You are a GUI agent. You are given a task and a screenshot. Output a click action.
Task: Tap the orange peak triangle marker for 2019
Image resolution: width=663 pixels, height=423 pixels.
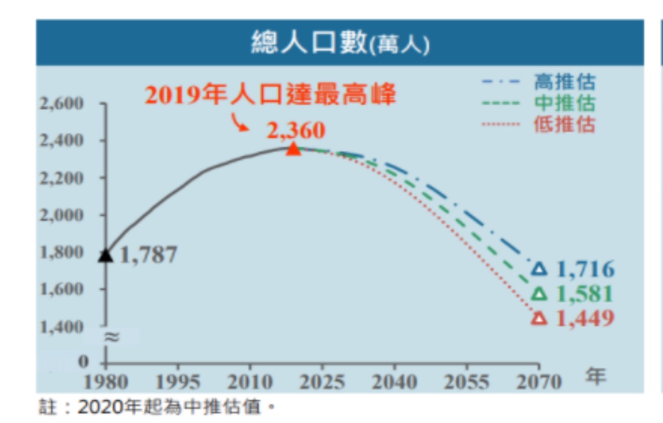click(292, 148)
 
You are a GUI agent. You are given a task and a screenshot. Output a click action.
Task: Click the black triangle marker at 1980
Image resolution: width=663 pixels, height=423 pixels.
click(105, 255)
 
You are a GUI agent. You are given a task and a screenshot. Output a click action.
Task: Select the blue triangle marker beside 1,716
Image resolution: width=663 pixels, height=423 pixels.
click(540, 269)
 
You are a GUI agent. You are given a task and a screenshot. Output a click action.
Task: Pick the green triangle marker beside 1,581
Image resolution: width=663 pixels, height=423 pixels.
click(540, 294)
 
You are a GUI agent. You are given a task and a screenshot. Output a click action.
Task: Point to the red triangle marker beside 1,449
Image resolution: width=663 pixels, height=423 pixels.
click(540, 319)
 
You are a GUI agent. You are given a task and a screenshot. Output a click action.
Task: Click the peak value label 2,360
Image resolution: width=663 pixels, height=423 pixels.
click(296, 130)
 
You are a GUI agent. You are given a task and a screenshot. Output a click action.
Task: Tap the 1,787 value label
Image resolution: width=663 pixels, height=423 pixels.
click(148, 255)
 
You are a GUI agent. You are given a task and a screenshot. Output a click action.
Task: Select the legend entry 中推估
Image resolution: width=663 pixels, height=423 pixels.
click(564, 103)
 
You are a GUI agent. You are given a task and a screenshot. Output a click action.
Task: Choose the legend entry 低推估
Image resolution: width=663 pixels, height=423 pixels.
click(564, 124)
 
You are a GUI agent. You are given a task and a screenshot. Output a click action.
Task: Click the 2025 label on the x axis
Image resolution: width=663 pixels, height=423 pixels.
click(322, 382)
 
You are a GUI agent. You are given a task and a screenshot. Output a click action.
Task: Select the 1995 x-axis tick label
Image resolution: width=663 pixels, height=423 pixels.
click(178, 382)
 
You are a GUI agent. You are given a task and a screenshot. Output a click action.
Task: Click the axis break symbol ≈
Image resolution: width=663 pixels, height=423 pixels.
click(112, 336)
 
